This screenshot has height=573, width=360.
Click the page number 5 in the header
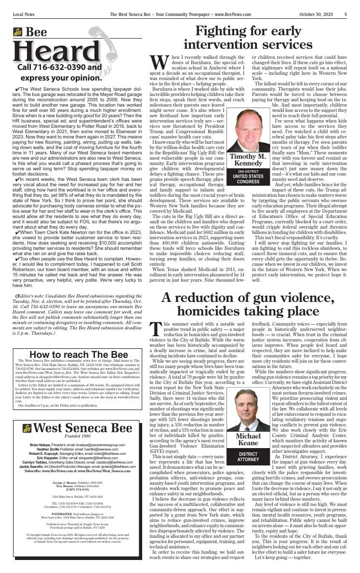point(346,14)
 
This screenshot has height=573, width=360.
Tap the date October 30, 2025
point(313,14)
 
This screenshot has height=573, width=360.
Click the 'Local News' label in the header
point(25,14)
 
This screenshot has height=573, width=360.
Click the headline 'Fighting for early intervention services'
point(248,38)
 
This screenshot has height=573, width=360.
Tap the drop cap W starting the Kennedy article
point(158,62)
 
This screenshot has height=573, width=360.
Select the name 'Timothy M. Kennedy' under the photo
point(248,160)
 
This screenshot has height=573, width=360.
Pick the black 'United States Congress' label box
point(248,177)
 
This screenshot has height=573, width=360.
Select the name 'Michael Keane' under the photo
point(248,439)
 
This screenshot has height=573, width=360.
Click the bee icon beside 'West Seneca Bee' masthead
point(27,428)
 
